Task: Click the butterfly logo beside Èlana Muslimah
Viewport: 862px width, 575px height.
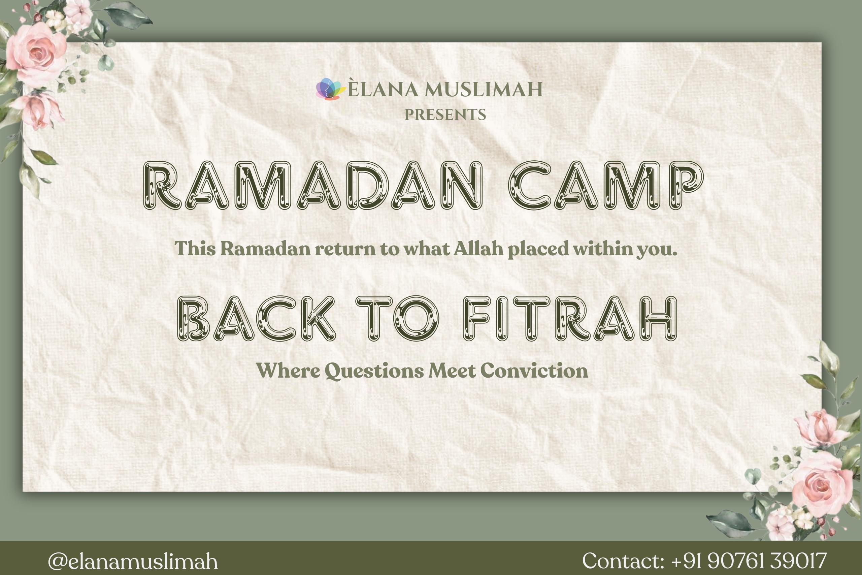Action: tap(331, 89)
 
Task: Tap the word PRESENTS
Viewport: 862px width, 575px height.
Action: tap(445, 115)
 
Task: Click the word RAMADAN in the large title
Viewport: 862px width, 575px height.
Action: tap(312, 186)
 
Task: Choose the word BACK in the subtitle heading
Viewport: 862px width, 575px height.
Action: tap(256, 318)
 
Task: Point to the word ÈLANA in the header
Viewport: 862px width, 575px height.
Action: tap(383, 88)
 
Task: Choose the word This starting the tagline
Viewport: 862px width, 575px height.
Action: tap(195, 249)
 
